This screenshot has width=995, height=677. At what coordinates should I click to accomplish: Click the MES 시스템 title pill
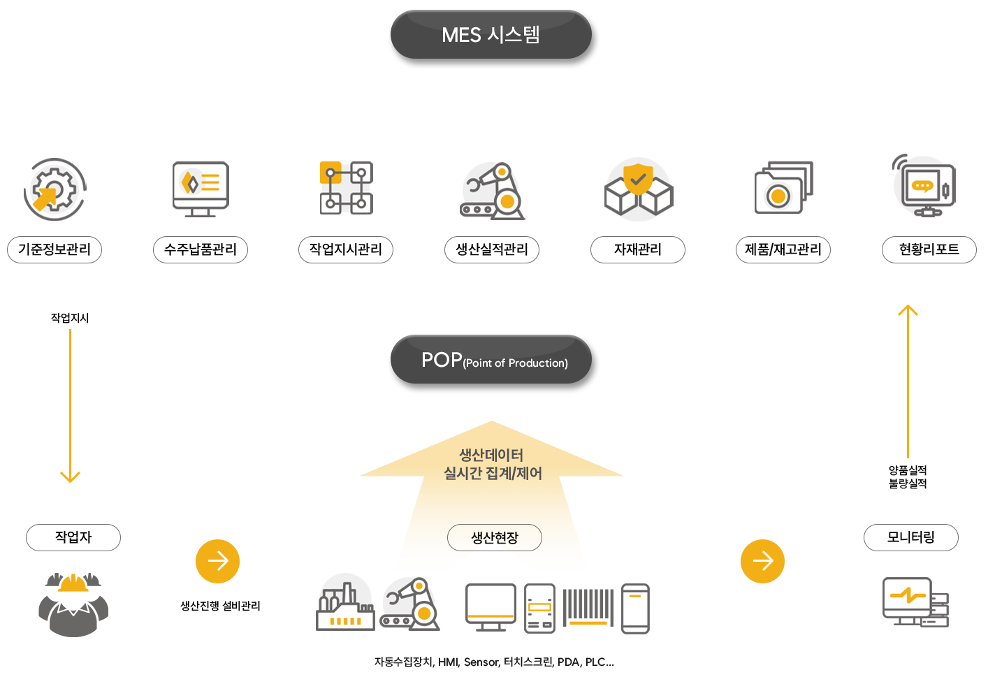pyautogui.click(x=491, y=35)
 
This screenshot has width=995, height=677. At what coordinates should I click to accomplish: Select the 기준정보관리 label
pyautogui.click(x=55, y=249)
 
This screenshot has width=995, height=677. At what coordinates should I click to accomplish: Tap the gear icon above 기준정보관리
pyautogui.click(x=55, y=189)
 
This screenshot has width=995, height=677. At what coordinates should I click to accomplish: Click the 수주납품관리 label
pyautogui.click(x=201, y=249)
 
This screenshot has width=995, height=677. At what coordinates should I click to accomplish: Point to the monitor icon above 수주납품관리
pyautogui.click(x=201, y=187)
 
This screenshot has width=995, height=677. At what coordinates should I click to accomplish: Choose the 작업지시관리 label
pyautogui.click(x=346, y=249)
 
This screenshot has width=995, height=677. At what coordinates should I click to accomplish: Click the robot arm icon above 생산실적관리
pyautogui.click(x=493, y=191)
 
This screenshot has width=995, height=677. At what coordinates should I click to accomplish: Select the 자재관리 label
pyautogui.click(x=638, y=249)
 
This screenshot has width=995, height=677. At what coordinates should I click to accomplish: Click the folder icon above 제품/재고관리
pyautogui.click(x=783, y=188)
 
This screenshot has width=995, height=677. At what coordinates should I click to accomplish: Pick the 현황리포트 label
pyautogui.click(x=929, y=249)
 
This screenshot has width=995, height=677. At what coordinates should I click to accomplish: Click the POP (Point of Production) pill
pyautogui.click(x=493, y=362)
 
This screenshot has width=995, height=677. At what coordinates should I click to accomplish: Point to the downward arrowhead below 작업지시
pyautogui.click(x=70, y=477)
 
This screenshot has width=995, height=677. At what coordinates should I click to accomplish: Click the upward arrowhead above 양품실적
pyautogui.click(x=908, y=310)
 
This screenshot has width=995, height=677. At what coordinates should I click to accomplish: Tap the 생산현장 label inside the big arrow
pyautogui.click(x=495, y=537)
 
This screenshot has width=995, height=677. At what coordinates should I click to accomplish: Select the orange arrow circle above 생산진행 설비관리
pyautogui.click(x=217, y=561)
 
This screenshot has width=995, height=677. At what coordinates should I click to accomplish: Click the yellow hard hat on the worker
pyautogui.click(x=73, y=583)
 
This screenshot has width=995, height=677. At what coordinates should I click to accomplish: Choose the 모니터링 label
pyautogui.click(x=910, y=537)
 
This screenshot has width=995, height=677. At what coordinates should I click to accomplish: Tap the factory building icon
pyautogui.click(x=344, y=606)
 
